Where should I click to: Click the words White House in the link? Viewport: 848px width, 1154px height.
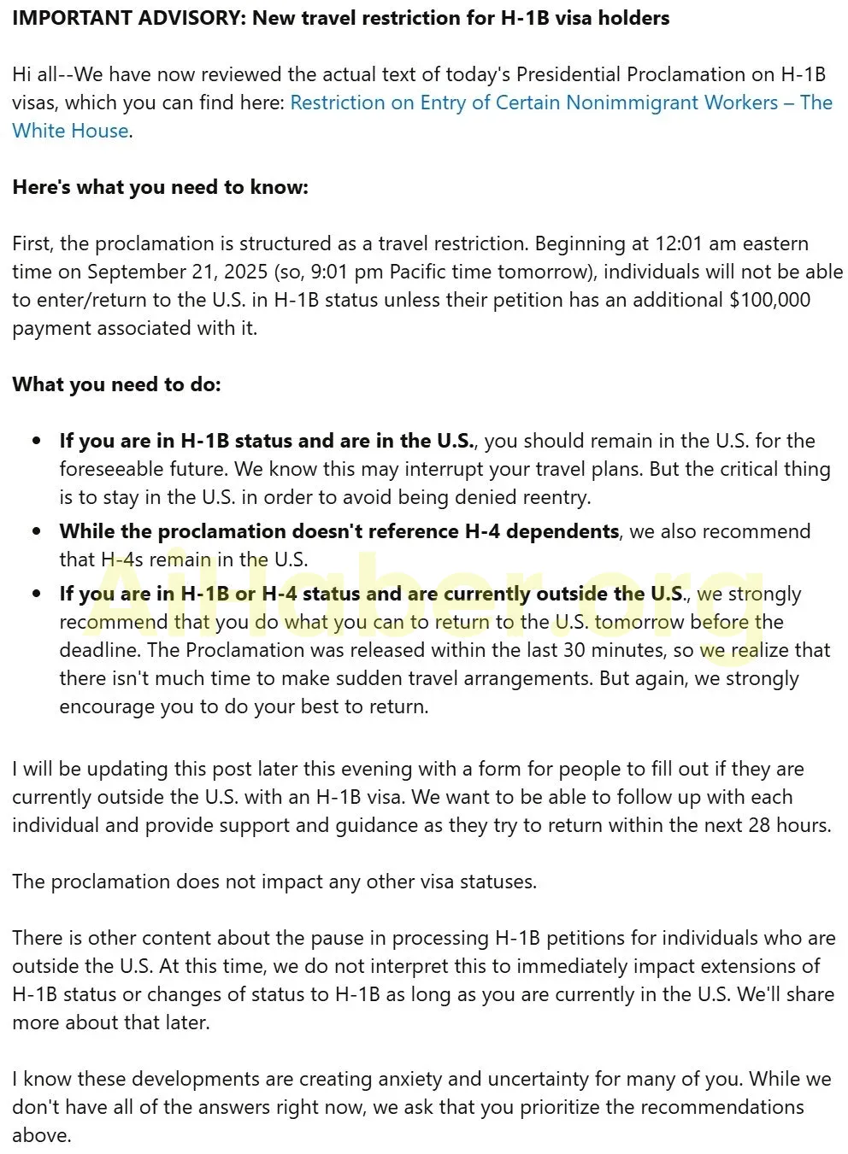pyautogui.click(x=71, y=131)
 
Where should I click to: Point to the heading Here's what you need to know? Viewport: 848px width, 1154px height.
pyautogui.click(x=160, y=187)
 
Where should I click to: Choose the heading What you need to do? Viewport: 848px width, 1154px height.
pyautogui.click(x=116, y=384)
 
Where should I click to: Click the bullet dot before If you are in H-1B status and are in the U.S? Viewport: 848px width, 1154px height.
pyautogui.click(x=36, y=442)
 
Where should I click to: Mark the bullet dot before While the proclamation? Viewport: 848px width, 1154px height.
pyautogui.click(x=36, y=531)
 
